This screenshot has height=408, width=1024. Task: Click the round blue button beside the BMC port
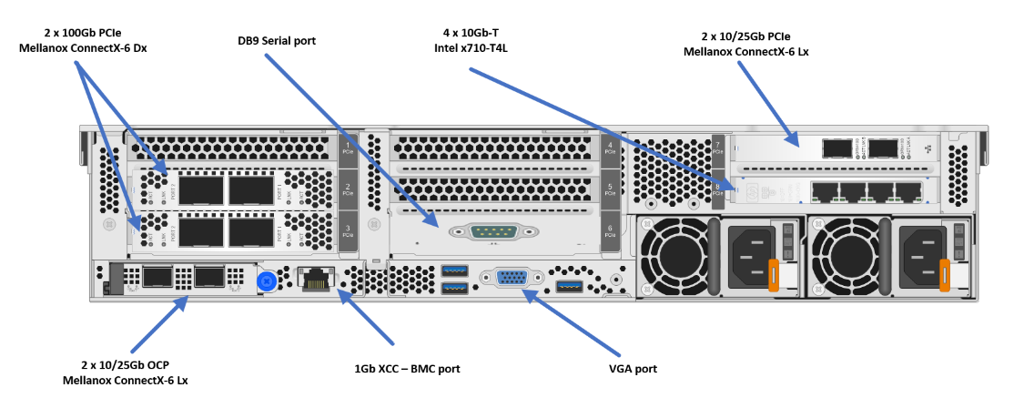point(268,278)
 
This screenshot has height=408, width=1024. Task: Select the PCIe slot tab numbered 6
point(609,230)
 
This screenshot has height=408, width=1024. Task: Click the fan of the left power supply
point(674,258)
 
